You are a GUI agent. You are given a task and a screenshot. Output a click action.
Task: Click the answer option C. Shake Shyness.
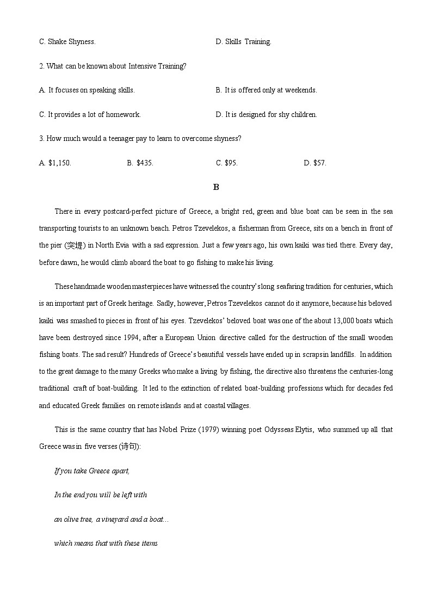[x=67, y=41]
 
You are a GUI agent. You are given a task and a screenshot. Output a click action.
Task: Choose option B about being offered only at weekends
[x=266, y=90]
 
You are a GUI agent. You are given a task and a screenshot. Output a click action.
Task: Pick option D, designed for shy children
[x=266, y=114]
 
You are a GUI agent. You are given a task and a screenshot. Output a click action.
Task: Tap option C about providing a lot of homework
[x=90, y=114]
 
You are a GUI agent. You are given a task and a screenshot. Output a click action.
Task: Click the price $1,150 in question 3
[x=55, y=163]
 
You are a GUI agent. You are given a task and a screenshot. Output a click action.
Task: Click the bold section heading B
[x=216, y=187]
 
